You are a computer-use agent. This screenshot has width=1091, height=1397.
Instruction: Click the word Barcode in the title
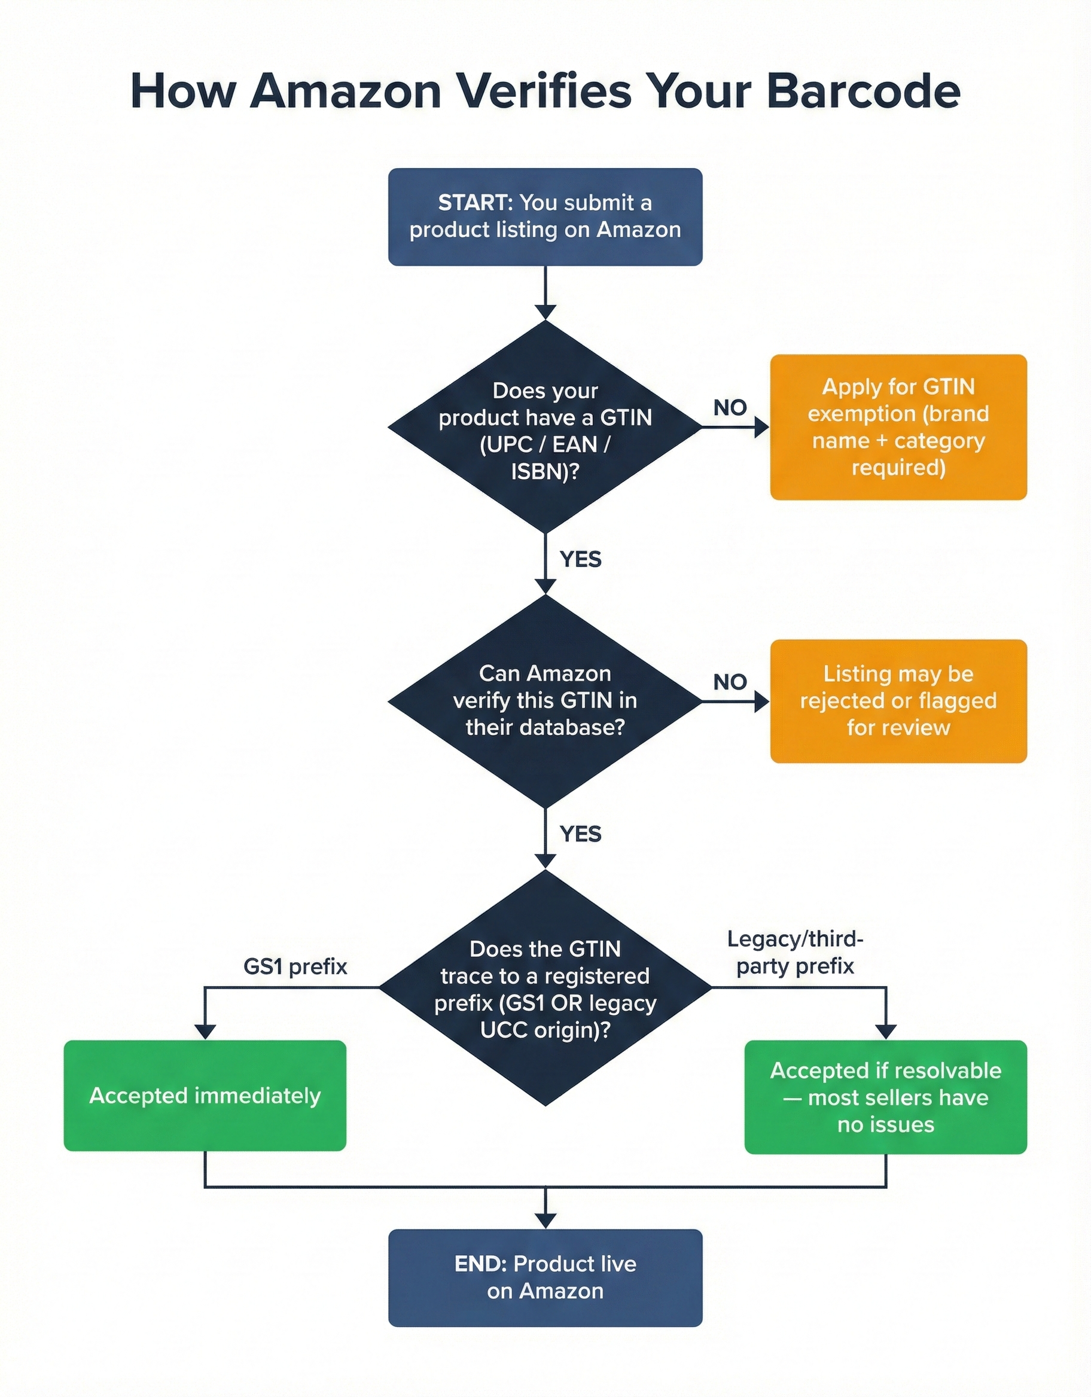click(x=863, y=91)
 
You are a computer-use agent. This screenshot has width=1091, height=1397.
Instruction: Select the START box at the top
click(x=545, y=217)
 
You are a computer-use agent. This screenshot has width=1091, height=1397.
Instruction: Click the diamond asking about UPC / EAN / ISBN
click(x=545, y=427)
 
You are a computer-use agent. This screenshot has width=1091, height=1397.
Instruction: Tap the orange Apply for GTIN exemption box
click(x=898, y=427)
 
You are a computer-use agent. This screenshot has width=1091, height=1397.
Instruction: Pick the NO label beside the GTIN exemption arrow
click(x=730, y=407)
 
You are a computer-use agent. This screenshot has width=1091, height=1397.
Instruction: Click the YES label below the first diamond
click(x=580, y=559)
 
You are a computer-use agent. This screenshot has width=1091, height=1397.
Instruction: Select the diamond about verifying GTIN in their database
click(x=545, y=701)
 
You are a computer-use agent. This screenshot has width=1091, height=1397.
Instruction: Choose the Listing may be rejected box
click(x=898, y=701)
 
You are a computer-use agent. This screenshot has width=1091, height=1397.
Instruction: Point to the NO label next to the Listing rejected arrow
click(x=730, y=682)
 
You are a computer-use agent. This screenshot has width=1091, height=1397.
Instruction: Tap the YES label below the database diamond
click(x=580, y=834)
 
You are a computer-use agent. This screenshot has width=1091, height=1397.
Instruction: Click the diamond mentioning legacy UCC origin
click(x=545, y=989)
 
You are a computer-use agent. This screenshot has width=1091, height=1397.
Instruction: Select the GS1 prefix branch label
click(x=295, y=966)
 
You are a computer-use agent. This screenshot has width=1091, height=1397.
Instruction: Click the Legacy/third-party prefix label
click(x=795, y=953)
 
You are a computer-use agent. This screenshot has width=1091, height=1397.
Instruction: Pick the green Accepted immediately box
click(x=205, y=1096)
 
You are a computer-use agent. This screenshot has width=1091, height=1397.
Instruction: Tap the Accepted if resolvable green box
click(x=886, y=1097)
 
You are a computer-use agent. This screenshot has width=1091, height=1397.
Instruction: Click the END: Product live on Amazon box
click(x=545, y=1277)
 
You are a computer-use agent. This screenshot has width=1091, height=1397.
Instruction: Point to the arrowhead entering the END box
click(x=545, y=1221)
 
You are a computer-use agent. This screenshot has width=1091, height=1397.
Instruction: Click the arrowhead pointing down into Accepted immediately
click(x=205, y=1031)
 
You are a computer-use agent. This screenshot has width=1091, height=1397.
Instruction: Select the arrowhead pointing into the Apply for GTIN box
click(x=761, y=427)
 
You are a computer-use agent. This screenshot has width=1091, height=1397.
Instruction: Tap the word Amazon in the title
click(x=346, y=91)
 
